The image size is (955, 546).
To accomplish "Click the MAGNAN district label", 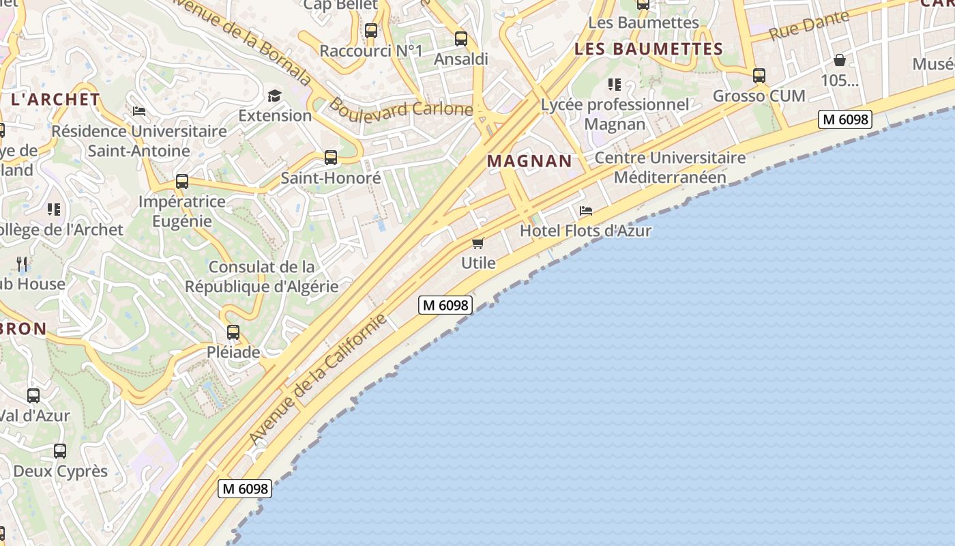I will [x=529, y=161].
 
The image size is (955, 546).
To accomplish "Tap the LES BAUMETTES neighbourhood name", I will [x=648, y=49].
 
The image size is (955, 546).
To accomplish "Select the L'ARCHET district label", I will [x=55, y=100].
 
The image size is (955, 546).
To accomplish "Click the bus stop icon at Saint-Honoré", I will [x=331, y=158].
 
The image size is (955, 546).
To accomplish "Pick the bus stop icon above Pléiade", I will [x=233, y=332].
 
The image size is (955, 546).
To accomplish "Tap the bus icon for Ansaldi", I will [x=461, y=39].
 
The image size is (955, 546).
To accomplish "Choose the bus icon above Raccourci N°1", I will [x=371, y=31].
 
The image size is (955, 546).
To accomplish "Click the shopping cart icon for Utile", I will [x=478, y=243].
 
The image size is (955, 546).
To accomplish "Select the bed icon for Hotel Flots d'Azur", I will [x=586, y=211].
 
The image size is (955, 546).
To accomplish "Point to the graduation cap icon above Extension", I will [x=274, y=96].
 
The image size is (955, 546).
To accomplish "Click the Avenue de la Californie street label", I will [x=319, y=379].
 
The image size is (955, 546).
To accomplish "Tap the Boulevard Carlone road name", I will [x=400, y=108].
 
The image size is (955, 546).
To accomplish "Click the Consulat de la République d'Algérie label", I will [x=262, y=276].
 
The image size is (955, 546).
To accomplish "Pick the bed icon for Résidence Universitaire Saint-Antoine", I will [x=139, y=111].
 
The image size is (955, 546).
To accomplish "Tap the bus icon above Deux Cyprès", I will [x=60, y=451].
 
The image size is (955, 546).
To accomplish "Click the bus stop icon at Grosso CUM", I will [x=759, y=76].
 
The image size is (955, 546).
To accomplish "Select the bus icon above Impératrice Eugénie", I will [x=182, y=182].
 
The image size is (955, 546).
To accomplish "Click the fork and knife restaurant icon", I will [x=22, y=263].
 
